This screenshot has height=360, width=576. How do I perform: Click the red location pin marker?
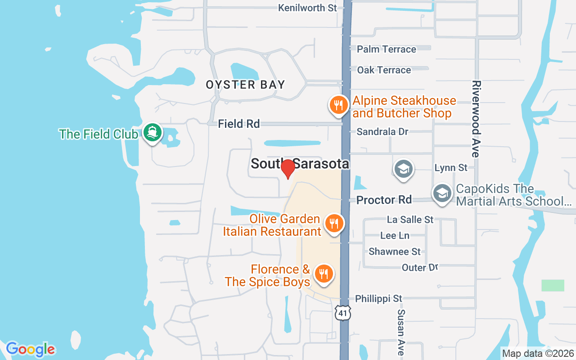click(x=288, y=169)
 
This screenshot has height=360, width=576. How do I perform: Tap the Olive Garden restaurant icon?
click(x=334, y=223)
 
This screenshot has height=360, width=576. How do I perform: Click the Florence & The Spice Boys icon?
click(x=323, y=274)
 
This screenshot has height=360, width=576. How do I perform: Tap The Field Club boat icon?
click(x=153, y=133)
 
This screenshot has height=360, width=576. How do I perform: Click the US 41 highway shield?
click(x=343, y=312)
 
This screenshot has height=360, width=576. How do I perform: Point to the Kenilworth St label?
click(x=307, y=8)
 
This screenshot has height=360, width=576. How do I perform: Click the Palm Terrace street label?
click(x=387, y=49)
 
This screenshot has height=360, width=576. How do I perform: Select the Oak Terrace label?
click(x=384, y=70)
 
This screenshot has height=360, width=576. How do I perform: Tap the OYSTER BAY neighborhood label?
click(x=245, y=85)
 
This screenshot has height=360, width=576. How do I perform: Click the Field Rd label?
click(x=239, y=124)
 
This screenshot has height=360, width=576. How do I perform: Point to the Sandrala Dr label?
click(x=382, y=132)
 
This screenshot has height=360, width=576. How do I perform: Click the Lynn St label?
click(x=451, y=168)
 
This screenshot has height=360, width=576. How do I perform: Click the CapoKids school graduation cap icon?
click(x=442, y=193)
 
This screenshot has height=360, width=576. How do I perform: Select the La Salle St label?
click(x=410, y=220)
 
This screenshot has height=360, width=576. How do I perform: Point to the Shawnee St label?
click(x=395, y=252)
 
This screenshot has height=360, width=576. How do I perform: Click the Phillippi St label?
click(x=378, y=299)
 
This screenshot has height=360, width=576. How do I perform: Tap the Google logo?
click(x=30, y=349)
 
